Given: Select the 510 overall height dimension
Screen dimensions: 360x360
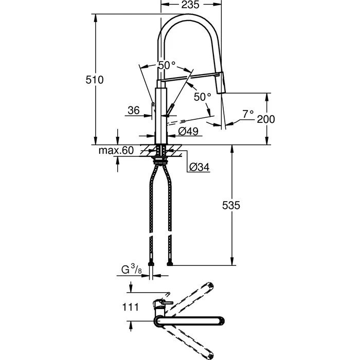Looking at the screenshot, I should point(95,80).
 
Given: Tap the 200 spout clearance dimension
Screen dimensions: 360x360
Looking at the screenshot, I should point(266,119).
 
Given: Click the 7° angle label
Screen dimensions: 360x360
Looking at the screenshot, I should point(248,114).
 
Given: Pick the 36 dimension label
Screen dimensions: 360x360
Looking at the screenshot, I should point(133,110).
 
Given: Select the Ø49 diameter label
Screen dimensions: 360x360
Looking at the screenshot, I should point(189,132).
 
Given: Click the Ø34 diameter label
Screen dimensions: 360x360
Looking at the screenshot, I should point(199,167).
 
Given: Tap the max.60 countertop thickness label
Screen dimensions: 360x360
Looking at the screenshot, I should point(116,151).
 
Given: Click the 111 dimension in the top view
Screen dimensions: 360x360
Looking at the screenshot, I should point(131,307).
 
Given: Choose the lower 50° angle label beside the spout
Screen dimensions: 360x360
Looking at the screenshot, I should point(202,97).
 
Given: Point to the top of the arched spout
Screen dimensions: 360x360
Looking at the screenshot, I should point(190,16).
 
